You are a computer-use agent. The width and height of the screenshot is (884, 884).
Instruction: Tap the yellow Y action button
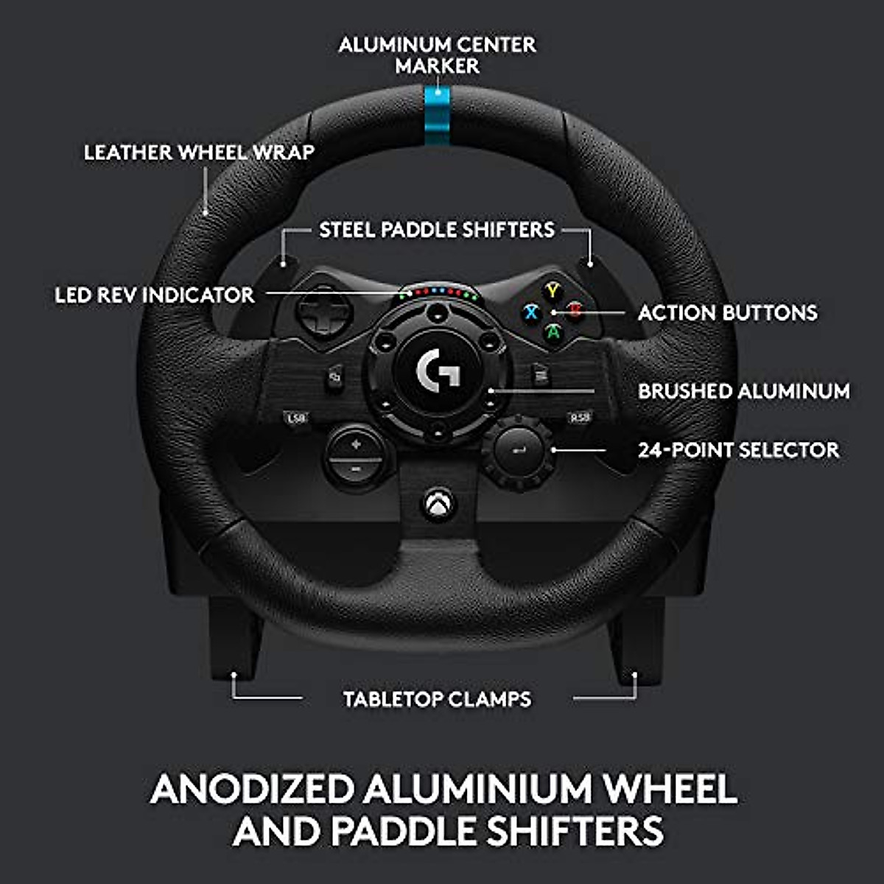pos(552,290)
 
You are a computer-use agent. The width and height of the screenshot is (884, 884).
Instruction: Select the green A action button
pos(552,332)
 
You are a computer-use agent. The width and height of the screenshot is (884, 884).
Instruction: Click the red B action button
pos(574,311)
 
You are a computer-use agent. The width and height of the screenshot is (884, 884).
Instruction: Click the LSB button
pos(296,418)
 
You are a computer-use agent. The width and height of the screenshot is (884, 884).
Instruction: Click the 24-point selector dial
pos(517,450)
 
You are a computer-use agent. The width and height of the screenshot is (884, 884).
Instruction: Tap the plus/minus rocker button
pos(356,456)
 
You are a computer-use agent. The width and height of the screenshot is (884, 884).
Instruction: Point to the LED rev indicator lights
pos(439,293)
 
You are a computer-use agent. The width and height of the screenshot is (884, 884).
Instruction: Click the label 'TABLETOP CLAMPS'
pos(437,699)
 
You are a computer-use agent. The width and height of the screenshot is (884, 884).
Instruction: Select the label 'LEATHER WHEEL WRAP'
pos(199,152)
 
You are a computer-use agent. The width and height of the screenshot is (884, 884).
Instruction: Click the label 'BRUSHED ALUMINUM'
pos(743,391)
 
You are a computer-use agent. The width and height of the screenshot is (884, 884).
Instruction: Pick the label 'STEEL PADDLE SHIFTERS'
pos(437,230)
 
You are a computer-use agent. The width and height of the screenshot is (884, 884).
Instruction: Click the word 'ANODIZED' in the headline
pos(252,789)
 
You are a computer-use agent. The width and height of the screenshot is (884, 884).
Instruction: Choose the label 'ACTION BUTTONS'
pos(727,312)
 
